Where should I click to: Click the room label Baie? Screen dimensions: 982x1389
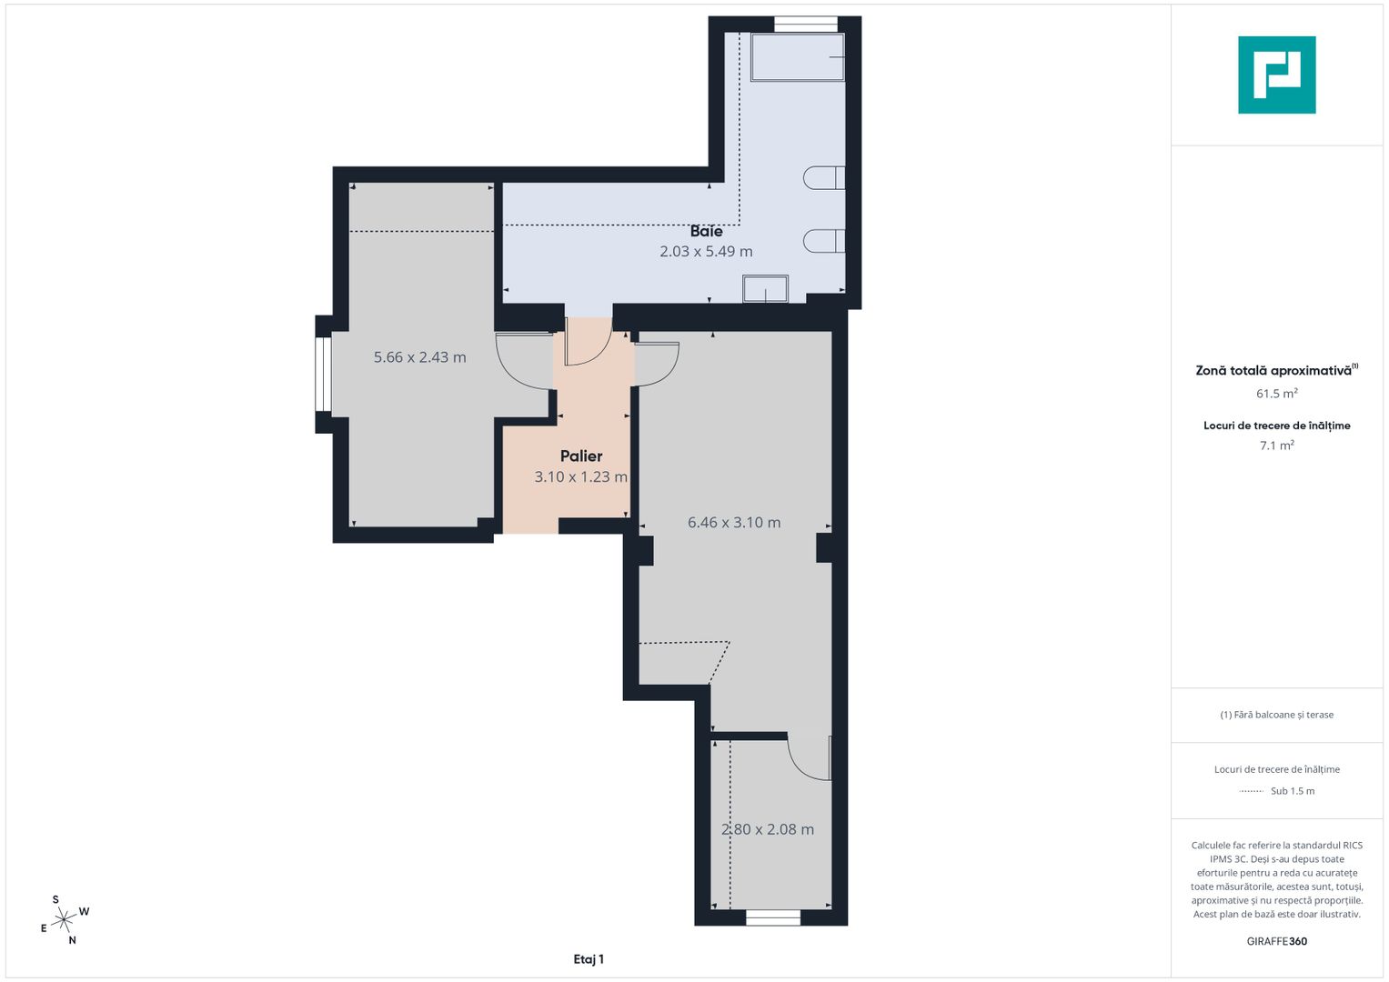(706, 231)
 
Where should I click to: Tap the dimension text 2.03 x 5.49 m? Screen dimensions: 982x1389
(706, 252)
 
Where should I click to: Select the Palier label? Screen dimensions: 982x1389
(581, 456)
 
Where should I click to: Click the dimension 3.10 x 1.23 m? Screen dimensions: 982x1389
(580, 477)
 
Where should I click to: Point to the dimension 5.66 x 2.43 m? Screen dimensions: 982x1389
(419, 358)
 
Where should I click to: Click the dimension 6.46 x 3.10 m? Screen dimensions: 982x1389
(733, 523)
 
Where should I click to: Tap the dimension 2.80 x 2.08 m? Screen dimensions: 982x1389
(767, 829)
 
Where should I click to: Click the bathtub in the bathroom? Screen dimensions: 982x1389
(797, 57)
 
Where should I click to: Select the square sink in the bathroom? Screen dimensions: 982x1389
(765, 289)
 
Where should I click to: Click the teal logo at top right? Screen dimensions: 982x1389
(1276, 75)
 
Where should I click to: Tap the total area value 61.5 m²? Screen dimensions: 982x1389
(1276, 394)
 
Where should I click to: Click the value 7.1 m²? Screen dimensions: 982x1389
(1276, 446)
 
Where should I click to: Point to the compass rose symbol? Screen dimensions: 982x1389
(64, 920)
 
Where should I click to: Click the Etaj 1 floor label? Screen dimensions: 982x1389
(589, 959)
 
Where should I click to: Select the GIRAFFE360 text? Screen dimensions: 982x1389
(1276, 941)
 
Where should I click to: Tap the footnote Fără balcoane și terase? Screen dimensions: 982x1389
(1276, 715)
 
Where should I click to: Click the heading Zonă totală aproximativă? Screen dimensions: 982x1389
(1273, 371)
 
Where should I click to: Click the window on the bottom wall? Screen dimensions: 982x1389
(773, 918)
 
